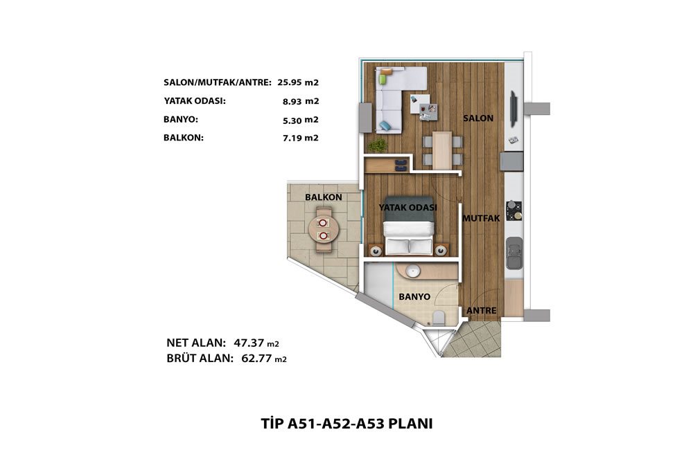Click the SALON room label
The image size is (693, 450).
point(478,118)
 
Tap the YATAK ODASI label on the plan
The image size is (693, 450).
point(408,207)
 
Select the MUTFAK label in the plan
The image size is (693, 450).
point(481,218)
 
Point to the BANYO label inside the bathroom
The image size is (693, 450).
point(414,297)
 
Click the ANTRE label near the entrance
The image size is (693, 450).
point(482,311)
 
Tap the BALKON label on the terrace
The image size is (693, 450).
point(324,197)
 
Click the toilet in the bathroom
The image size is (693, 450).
point(439,318)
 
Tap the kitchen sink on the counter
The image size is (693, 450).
point(514,253)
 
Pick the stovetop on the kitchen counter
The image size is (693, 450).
point(514,210)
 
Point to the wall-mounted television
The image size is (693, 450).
point(513,108)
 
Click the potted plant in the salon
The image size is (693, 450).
point(378,145)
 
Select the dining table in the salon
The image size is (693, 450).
point(442,150)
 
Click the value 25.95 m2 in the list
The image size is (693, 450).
point(298,82)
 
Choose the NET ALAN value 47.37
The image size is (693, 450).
point(249,343)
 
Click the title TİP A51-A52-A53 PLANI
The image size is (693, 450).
point(346,424)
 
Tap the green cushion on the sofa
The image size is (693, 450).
point(383,80)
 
